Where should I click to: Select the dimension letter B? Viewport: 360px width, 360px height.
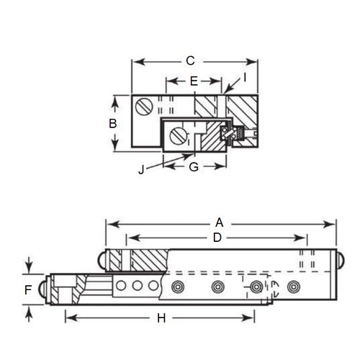click(112, 123)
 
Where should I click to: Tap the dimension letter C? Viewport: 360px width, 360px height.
click(190, 61)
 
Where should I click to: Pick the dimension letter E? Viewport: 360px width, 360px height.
click(193, 82)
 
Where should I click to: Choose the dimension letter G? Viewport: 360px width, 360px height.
click(192, 167)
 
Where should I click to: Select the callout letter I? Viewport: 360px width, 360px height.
click(245, 76)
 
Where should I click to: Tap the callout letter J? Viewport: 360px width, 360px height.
click(141, 171)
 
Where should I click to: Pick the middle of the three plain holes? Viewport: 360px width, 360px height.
click(137, 287)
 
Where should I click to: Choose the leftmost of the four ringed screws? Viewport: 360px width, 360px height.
click(176, 287)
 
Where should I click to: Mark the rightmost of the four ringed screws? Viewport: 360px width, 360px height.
click(292, 287)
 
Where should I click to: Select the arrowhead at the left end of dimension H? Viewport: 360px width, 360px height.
click(68, 318)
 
